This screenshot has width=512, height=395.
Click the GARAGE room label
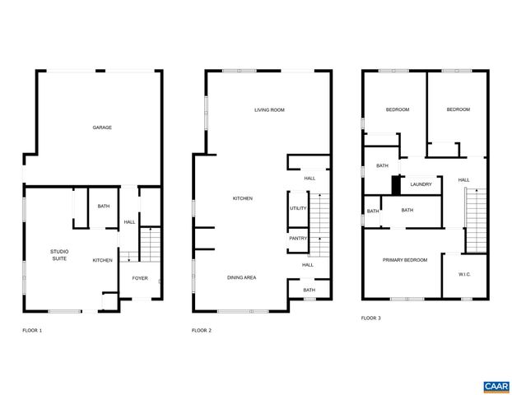[102, 128]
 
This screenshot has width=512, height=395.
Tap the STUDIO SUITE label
[59, 255]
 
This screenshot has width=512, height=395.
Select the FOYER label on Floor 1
[140, 278]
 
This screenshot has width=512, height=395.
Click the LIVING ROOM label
[269, 109]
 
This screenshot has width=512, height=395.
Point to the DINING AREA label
[242, 277]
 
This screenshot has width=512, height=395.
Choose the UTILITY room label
[298, 208]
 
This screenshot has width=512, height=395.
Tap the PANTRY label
[298, 239]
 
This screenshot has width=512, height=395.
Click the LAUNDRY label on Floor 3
[421, 184]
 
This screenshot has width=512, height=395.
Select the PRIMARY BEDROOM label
[405, 260]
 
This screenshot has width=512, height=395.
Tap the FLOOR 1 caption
[32, 330]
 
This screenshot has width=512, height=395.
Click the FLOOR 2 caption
[202, 330]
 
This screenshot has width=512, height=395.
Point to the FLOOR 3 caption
[371, 318]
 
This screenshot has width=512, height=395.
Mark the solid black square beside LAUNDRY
[397, 185]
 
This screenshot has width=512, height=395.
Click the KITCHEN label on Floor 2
[242, 198]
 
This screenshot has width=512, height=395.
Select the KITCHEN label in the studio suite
[102, 260]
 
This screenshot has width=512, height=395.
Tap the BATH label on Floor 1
[104, 207]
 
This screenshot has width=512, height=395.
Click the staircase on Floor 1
[149, 244]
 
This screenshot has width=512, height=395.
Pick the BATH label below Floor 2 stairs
[309, 290]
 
